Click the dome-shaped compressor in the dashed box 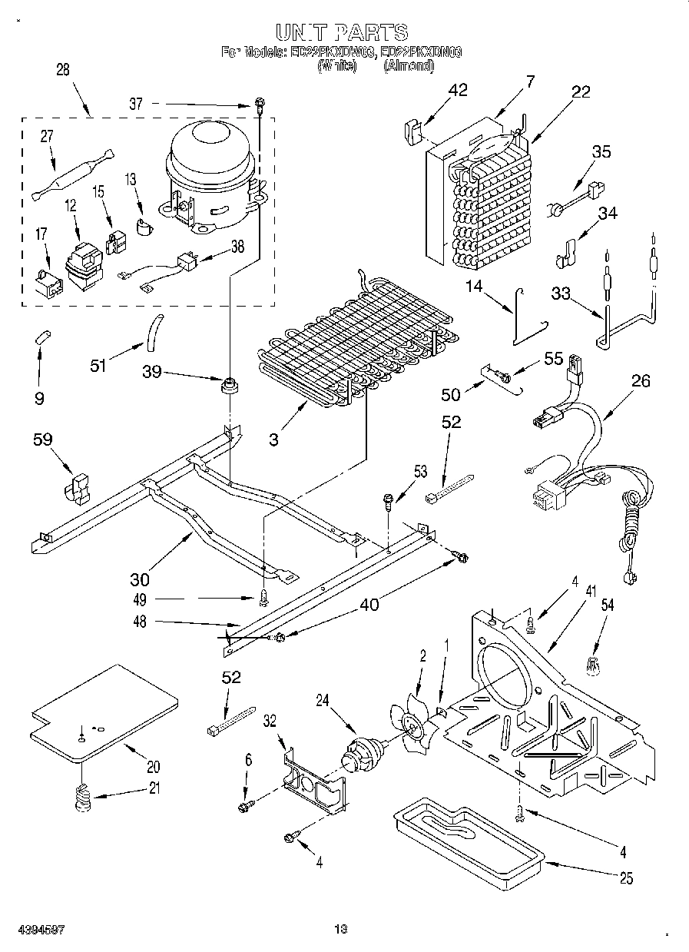tap(210, 173)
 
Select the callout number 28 tap(63, 69)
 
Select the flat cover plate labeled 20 tap(104, 712)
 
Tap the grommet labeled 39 tap(228, 385)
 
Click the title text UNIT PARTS tap(342, 32)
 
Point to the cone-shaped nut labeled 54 tap(591, 666)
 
